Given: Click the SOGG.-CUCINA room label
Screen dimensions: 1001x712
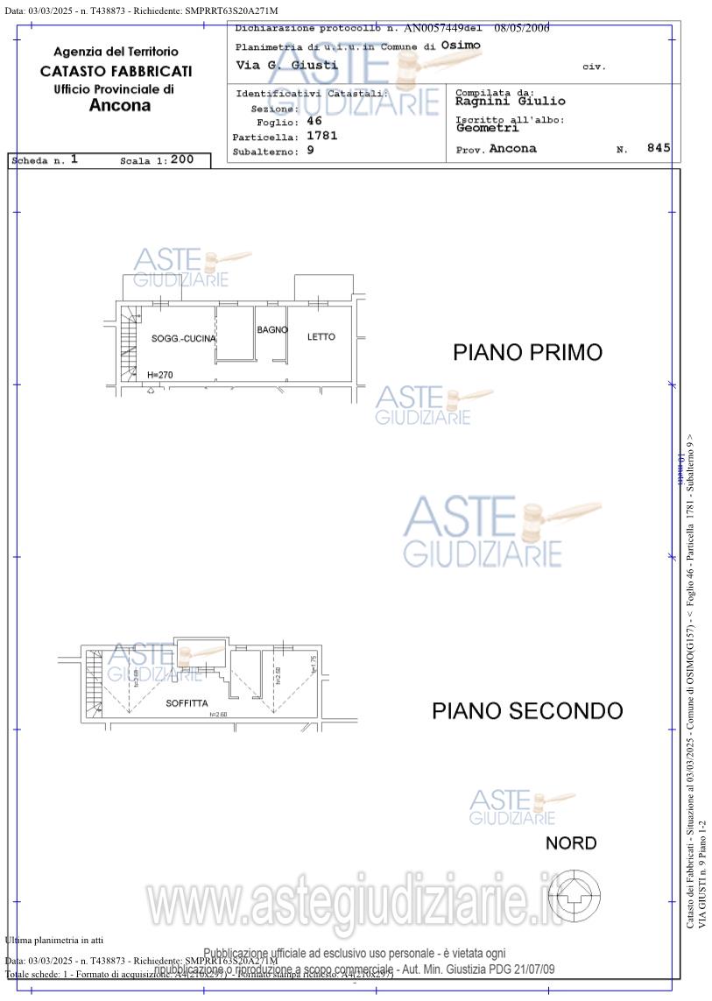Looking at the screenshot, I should pyautogui.click(x=183, y=339).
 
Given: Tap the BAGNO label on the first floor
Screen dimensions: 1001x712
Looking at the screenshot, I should pyautogui.click(x=272, y=330).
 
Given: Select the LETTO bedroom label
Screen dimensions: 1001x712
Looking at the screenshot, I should pyautogui.click(x=321, y=337).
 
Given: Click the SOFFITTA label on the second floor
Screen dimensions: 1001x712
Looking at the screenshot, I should pyautogui.click(x=187, y=703).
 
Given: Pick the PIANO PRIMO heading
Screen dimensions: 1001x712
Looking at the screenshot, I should pyautogui.click(x=527, y=353).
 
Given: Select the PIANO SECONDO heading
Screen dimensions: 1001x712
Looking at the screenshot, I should pyautogui.click(x=527, y=711).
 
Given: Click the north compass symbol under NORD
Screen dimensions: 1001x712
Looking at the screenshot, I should pyautogui.click(x=574, y=893).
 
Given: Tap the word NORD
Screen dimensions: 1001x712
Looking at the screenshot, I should pyautogui.click(x=571, y=843).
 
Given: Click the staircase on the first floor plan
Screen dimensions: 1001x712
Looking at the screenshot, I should pyautogui.click(x=128, y=346).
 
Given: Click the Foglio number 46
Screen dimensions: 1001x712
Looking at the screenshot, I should pyautogui.click(x=314, y=122).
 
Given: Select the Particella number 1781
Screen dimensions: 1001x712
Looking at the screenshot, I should pyautogui.click(x=321, y=136).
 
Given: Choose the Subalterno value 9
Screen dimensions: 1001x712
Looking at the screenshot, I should pyautogui.click(x=310, y=151).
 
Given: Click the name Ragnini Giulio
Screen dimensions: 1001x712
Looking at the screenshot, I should pyautogui.click(x=510, y=102).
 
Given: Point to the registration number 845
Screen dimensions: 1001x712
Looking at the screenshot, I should pyautogui.click(x=659, y=149).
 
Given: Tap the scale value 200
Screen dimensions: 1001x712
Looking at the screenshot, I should pyautogui.click(x=182, y=159).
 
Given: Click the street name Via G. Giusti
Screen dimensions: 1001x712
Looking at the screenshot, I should pyautogui.click(x=286, y=65).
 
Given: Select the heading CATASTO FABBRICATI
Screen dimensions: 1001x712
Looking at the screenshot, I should pyautogui.click(x=116, y=71).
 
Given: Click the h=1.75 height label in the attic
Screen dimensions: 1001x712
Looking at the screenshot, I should pyautogui.click(x=313, y=665).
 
